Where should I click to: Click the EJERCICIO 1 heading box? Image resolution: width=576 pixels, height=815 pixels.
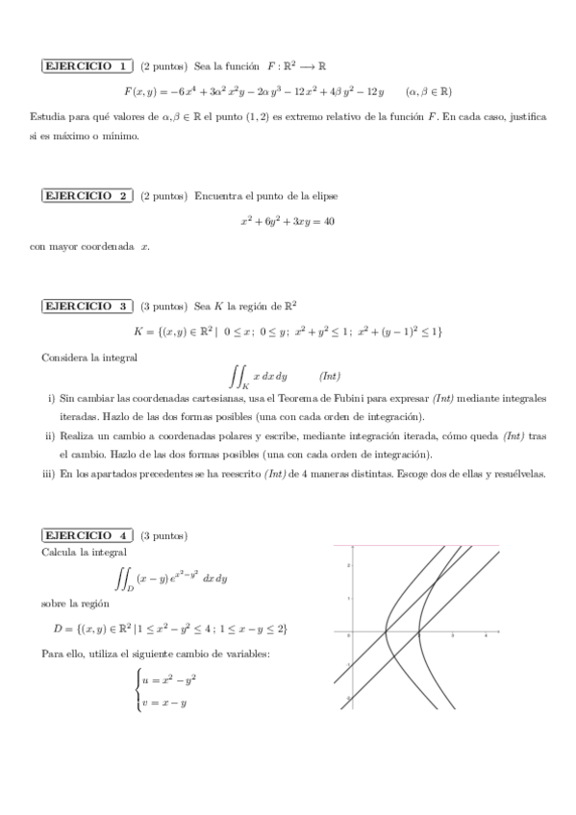point(88,66)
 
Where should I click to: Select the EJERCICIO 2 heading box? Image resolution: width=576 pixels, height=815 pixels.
point(88,195)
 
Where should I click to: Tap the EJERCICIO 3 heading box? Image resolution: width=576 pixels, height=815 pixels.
point(88,307)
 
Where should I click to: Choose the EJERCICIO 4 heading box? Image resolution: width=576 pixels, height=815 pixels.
point(88,534)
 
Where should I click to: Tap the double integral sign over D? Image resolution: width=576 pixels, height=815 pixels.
point(123,579)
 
